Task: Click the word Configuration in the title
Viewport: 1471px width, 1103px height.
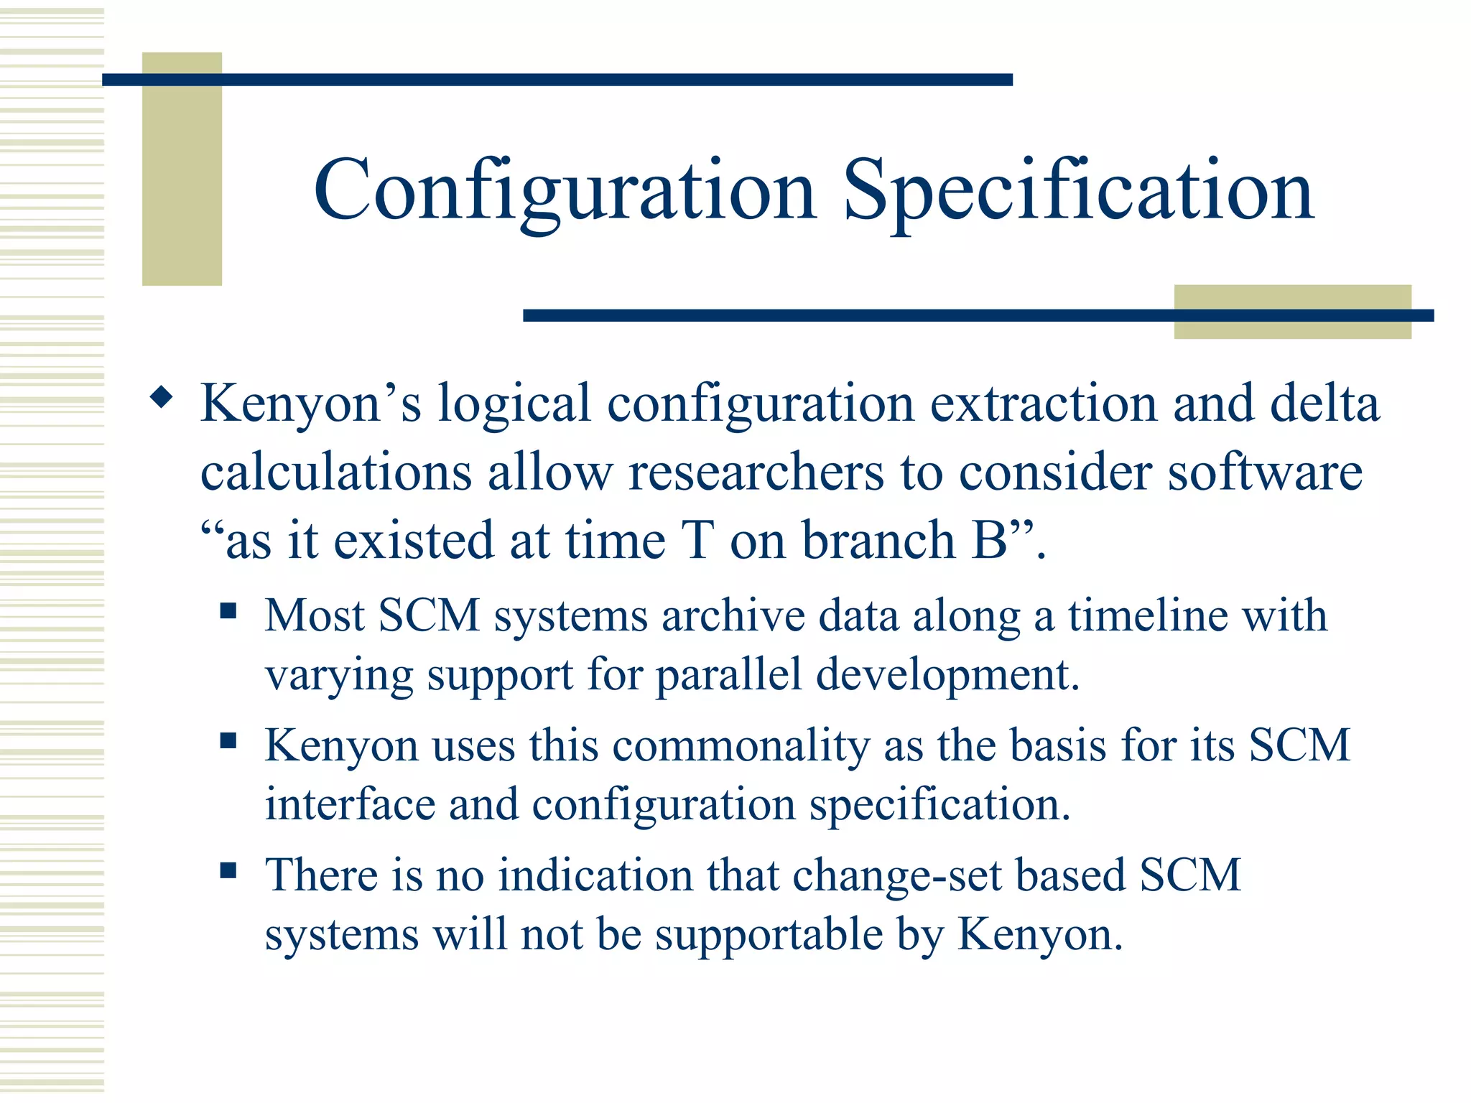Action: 565,191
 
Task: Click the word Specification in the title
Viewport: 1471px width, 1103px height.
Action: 1078,191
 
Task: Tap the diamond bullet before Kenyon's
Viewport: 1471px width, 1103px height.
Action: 162,397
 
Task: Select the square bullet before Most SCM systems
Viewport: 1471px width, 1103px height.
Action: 228,611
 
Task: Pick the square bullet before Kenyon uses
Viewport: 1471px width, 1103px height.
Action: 228,740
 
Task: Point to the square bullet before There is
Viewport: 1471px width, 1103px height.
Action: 228,870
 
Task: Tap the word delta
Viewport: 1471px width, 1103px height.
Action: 1324,404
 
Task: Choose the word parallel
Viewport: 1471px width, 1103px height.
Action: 728,675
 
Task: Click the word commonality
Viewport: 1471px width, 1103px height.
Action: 741,745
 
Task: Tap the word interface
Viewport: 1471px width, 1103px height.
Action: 350,804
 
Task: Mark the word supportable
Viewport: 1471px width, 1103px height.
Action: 769,934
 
